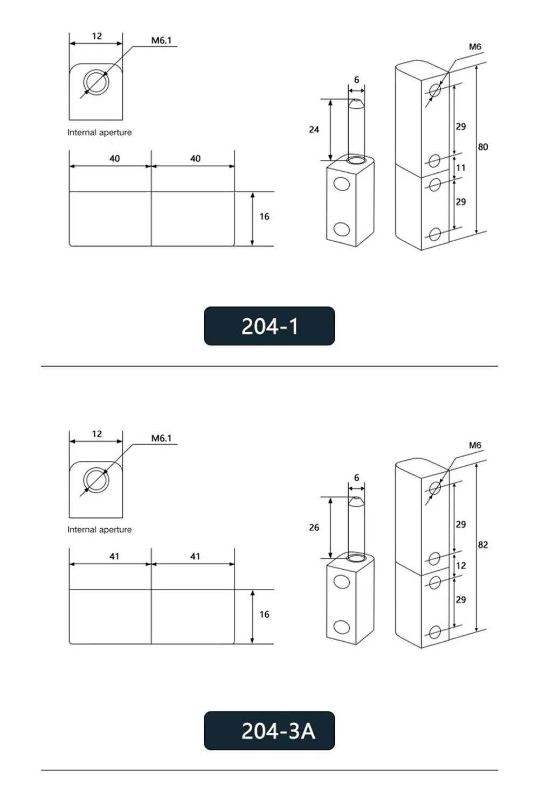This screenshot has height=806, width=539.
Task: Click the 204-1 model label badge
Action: [269, 326]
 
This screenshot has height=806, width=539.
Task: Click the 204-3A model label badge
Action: [269, 731]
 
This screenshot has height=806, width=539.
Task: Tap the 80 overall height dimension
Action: [482, 147]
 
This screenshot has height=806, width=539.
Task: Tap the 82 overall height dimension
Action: [482, 545]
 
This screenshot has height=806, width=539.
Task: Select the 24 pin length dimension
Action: [314, 130]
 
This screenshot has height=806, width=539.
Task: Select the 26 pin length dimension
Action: [314, 528]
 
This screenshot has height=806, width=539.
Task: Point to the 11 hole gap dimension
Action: [461, 168]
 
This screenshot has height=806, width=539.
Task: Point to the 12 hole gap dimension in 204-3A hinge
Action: [461, 566]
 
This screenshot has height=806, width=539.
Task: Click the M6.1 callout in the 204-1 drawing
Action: [161, 41]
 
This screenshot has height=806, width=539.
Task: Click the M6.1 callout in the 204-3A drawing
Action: [161, 439]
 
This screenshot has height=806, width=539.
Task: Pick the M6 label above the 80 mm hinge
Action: [475, 47]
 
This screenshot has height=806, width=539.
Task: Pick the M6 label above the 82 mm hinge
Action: [475, 445]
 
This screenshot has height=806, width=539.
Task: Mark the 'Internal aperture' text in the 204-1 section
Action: [99, 132]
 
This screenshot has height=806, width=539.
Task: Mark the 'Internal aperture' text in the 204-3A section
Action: [99, 530]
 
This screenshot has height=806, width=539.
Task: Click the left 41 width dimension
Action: [114, 557]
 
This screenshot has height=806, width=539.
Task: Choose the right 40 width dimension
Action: [195, 159]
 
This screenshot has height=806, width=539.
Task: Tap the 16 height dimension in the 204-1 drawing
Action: [264, 216]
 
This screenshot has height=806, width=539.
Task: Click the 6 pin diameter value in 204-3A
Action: [356, 478]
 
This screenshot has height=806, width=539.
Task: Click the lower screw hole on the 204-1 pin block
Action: [341, 229]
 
